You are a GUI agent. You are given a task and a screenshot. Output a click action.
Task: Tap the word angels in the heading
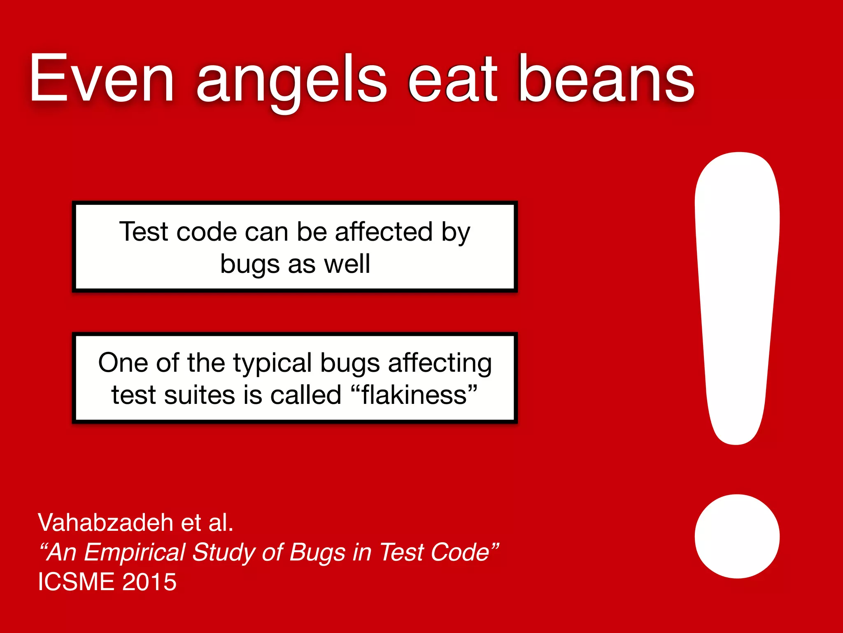tap(291, 80)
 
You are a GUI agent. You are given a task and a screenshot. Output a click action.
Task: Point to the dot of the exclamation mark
tap(737, 536)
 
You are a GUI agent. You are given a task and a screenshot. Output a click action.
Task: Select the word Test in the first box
tap(144, 232)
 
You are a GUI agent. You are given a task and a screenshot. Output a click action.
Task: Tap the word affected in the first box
tap(384, 232)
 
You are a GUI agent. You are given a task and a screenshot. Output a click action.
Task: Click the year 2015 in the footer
tap(149, 582)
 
